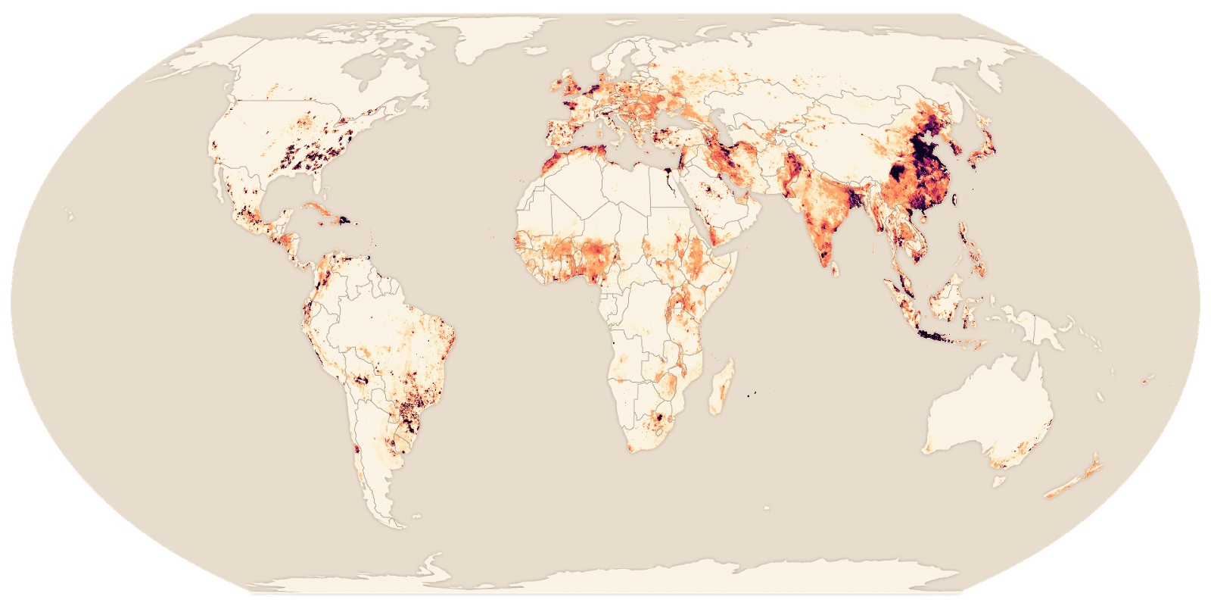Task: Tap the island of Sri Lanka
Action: click(835, 267)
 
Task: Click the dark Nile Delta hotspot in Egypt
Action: click(668, 180)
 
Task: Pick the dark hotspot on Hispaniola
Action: click(345, 221)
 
